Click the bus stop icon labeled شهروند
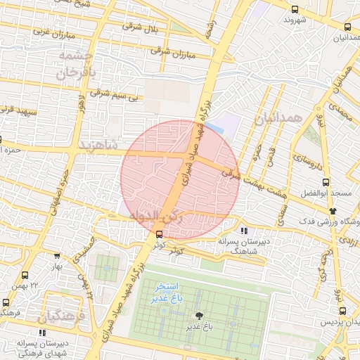pyautogui.click(x=295, y=9)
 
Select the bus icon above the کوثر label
pyautogui.click(x=160, y=234)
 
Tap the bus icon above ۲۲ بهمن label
pyautogui.click(x=25, y=276)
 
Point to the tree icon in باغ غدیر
pyautogui.click(x=199, y=316)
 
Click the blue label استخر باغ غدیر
pyautogui.click(x=166, y=293)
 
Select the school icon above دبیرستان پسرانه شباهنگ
pyautogui.click(x=243, y=231)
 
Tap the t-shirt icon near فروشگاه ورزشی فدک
pyautogui.click(x=333, y=210)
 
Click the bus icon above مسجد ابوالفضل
pyautogui.click(x=335, y=183)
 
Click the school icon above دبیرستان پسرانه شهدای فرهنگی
pyautogui.click(x=42, y=333)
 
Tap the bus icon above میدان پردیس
pyautogui.click(x=342, y=311)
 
